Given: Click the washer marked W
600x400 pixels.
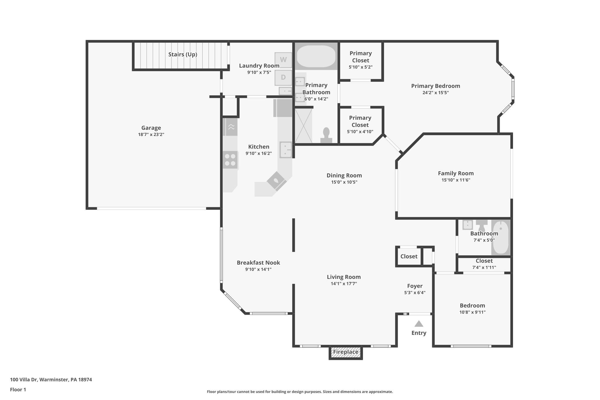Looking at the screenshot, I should pyautogui.click(x=283, y=60).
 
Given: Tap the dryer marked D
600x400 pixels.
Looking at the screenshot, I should pyautogui.click(x=283, y=77).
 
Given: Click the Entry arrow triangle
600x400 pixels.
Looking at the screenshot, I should pyautogui.click(x=419, y=324).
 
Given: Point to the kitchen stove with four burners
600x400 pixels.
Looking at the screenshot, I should pyautogui.click(x=230, y=160).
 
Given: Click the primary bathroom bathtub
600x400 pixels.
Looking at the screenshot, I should pyautogui.click(x=316, y=56).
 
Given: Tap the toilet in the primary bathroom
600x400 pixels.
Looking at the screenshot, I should pyautogui.click(x=326, y=135).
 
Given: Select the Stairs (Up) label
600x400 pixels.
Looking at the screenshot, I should pyautogui.click(x=183, y=55).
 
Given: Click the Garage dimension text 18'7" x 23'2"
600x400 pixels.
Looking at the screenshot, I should pyautogui.click(x=151, y=135).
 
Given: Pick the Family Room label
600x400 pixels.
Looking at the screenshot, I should pyautogui.click(x=456, y=173).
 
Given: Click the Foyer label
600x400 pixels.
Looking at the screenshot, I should pyautogui.click(x=415, y=286).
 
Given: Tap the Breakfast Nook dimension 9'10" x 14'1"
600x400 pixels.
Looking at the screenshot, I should pyautogui.click(x=258, y=269).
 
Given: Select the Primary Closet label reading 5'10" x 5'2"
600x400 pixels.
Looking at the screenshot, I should pyautogui.click(x=360, y=67).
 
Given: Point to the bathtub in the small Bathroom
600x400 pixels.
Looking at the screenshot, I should pyautogui.click(x=501, y=237).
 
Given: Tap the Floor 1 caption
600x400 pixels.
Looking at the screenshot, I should pyautogui.click(x=18, y=389).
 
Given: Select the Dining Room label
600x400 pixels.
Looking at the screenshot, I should pyautogui.click(x=344, y=175).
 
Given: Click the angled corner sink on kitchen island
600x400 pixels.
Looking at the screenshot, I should pyautogui.click(x=276, y=181).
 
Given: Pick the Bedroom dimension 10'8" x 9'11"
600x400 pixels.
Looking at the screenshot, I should pyautogui.click(x=472, y=312).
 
